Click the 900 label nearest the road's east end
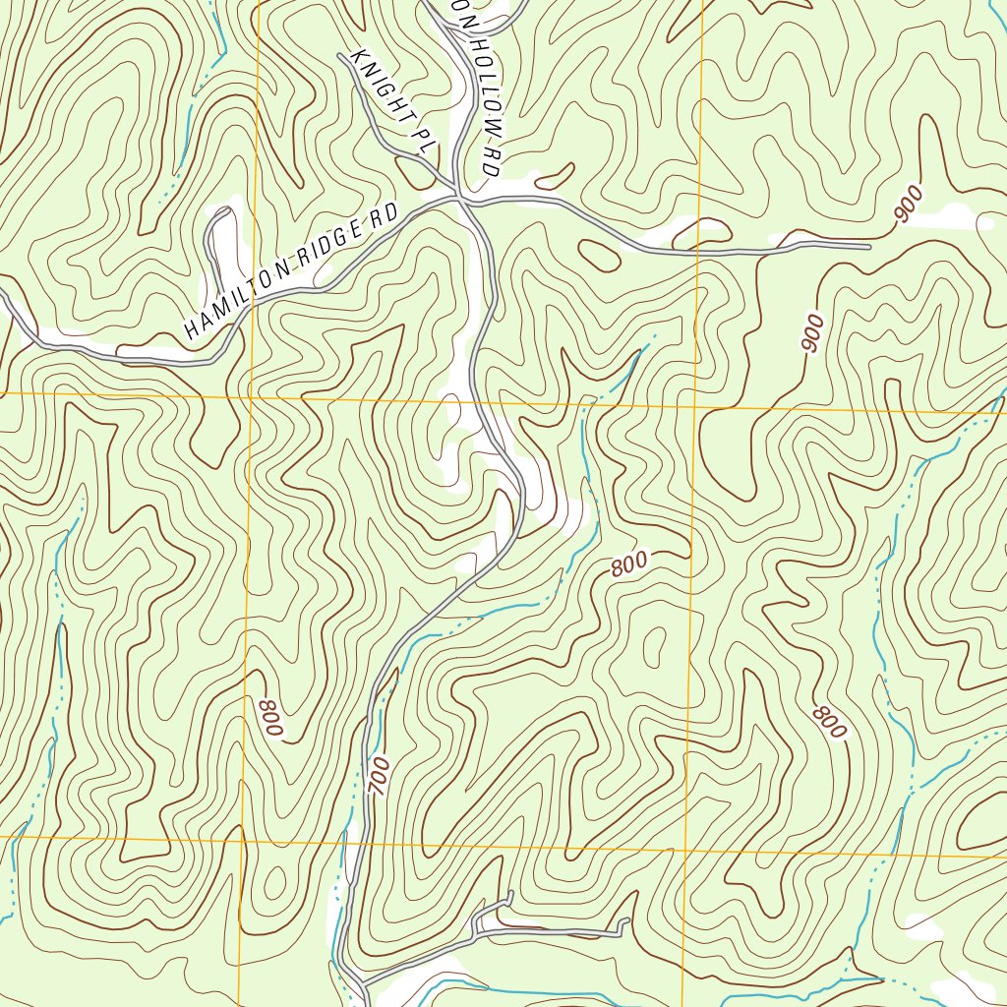coord(910,205)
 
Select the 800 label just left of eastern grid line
coord(628,564)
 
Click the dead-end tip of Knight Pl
coord(341,56)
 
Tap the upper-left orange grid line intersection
coord(250,394)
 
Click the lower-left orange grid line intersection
coord(240,838)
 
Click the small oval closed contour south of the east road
coord(599,254)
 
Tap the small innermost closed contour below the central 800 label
coord(651,645)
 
